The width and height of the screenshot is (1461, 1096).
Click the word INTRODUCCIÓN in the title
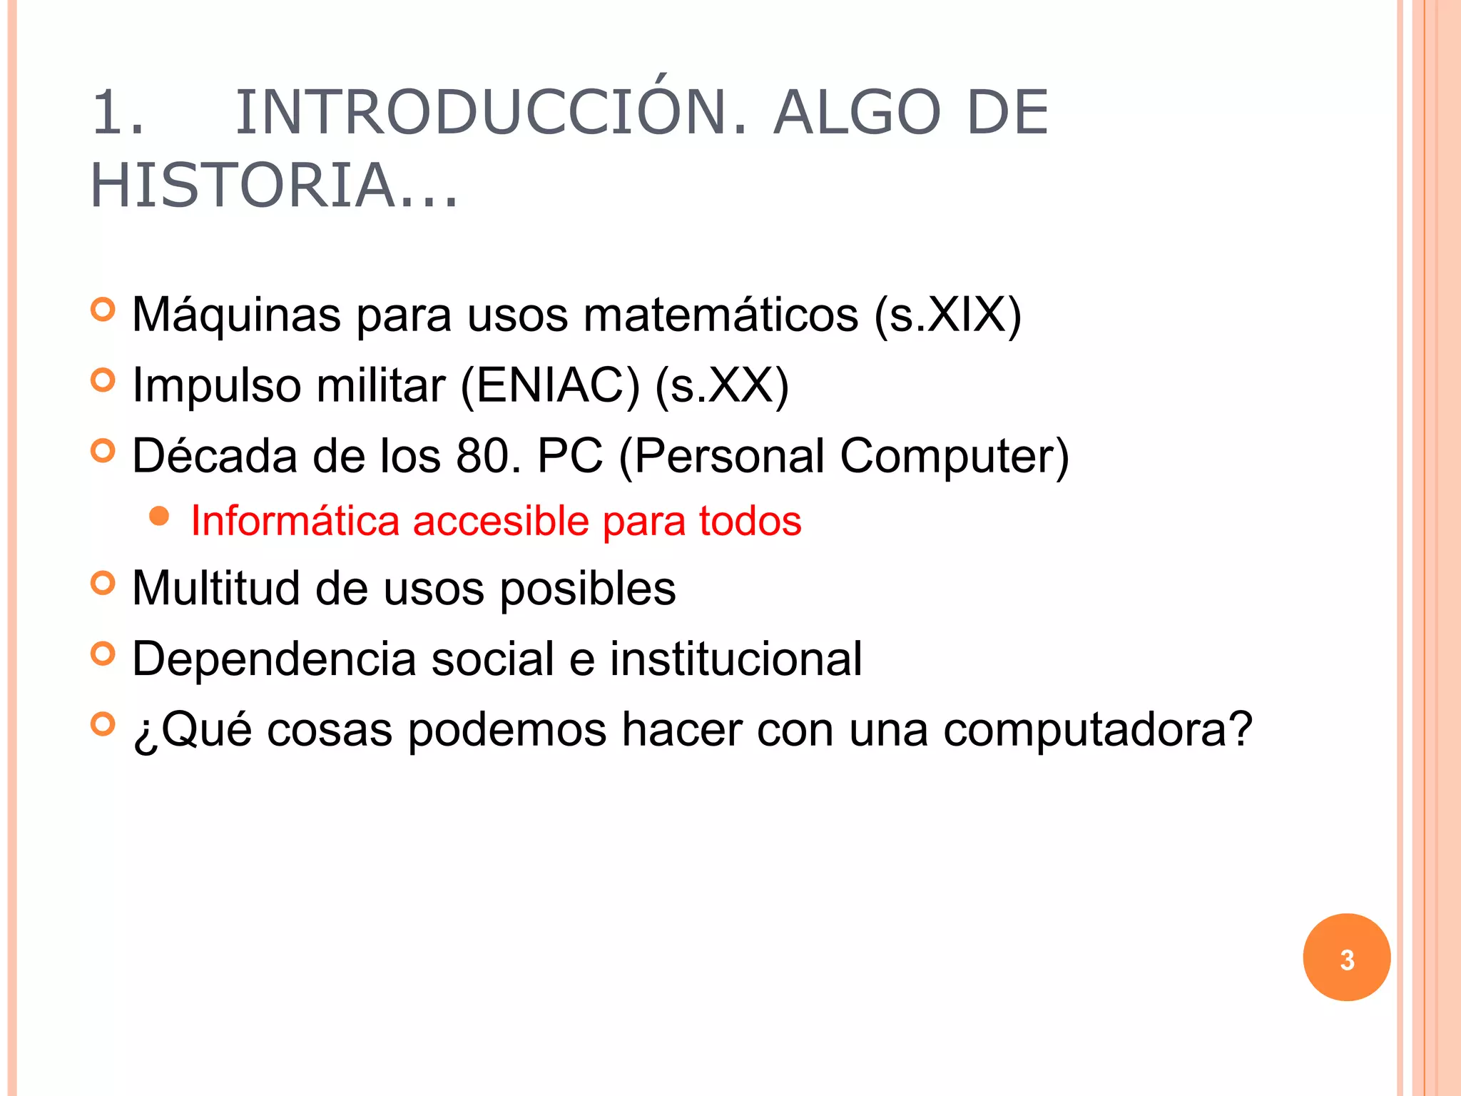(x=491, y=113)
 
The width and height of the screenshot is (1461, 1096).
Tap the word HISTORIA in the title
(x=243, y=186)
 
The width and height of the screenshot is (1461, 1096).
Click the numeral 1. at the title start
(x=118, y=113)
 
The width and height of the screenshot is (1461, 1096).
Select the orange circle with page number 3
(x=1346, y=958)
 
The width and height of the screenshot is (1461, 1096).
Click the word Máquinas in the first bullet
(x=236, y=315)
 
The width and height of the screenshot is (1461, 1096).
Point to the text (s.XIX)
(x=948, y=315)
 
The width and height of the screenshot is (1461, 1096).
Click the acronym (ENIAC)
(x=550, y=385)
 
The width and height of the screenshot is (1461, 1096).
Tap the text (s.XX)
(x=721, y=385)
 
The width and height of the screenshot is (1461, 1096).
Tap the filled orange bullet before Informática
(x=160, y=517)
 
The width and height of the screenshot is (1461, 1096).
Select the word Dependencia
(x=274, y=659)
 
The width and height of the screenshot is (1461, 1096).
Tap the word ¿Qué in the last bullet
(x=192, y=730)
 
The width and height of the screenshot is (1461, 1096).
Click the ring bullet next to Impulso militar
(x=103, y=380)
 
